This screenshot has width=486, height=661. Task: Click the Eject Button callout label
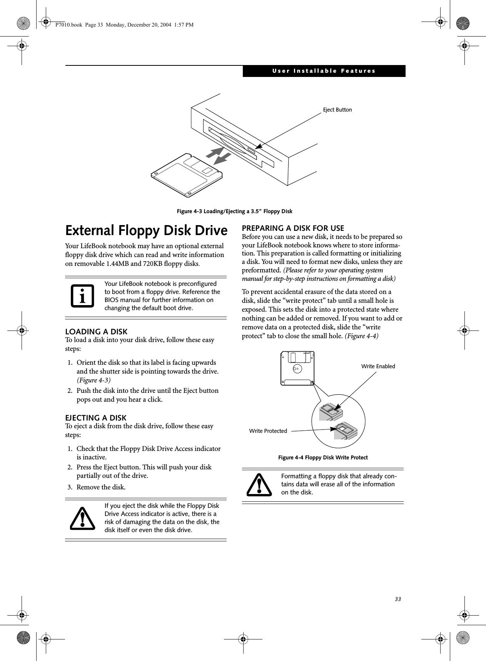337,110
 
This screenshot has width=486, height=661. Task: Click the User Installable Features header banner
324,71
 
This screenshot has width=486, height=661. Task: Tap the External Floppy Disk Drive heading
146,230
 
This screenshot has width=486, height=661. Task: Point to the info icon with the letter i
82,296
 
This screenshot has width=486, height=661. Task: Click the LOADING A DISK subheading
96,331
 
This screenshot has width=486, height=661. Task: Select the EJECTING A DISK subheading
96,417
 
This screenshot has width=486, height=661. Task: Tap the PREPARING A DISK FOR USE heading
293,229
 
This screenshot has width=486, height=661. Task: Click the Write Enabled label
378,366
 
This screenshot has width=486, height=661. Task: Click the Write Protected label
268,431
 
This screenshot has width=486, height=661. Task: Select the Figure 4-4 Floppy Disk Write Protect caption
323,457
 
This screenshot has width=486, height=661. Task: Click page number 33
397,599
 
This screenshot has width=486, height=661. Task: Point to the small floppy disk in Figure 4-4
297,368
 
